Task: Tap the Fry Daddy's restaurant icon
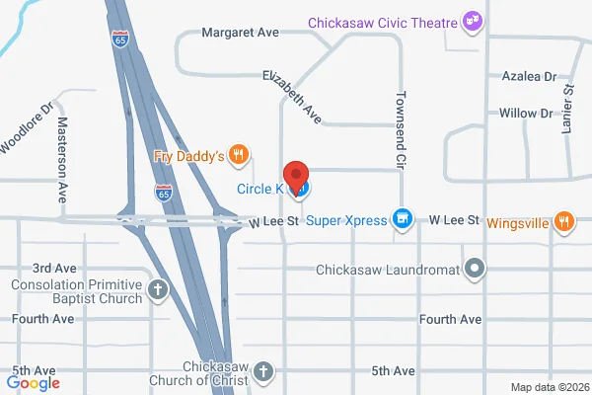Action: [x=237, y=154]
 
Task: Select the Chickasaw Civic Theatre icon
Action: [x=473, y=21]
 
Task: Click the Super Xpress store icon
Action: [x=402, y=219]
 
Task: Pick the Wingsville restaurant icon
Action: [x=563, y=222]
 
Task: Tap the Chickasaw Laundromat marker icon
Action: [x=476, y=268]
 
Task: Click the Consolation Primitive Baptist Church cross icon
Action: [x=158, y=289]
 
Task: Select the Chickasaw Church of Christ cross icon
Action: [x=262, y=371]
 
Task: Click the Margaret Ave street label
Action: [x=241, y=33]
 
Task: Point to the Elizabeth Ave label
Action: [x=292, y=97]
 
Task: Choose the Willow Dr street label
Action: [x=526, y=114]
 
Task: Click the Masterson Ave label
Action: [x=62, y=154]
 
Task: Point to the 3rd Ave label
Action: [x=54, y=268]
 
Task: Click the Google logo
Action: [x=34, y=383]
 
